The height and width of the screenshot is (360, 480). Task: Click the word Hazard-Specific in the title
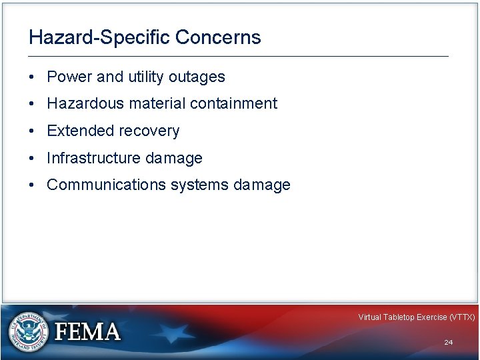(x=99, y=37)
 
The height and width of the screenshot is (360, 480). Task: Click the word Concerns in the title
(x=218, y=37)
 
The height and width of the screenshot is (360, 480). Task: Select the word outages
(x=197, y=77)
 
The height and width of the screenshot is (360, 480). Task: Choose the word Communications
(x=106, y=185)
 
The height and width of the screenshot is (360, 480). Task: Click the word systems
(x=199, y=185)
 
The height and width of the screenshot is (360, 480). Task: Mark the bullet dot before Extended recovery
(x=33, y=131)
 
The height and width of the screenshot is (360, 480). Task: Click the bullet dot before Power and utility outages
(x=33, y=77)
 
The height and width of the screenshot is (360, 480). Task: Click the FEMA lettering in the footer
(x=87, y=332)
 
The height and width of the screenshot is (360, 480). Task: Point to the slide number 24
(x=449, y=342)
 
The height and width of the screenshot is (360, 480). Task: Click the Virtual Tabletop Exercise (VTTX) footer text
(x=416, y=317)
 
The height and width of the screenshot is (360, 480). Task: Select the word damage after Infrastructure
(x=175, y=158)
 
